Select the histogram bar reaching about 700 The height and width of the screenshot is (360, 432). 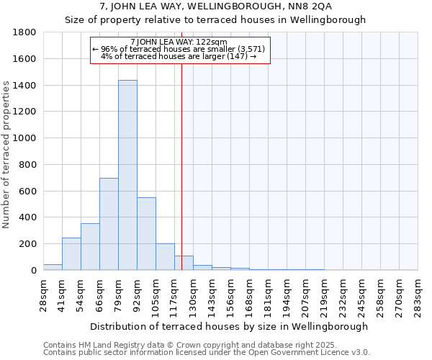click(x=109, y=224)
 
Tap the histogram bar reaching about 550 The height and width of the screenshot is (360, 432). click(x=146, y=234)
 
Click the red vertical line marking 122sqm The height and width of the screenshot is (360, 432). click(x=181, y=166)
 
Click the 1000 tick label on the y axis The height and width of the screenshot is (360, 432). click(x=25, y=138)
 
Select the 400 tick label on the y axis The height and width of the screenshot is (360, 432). click(x=28, y=217)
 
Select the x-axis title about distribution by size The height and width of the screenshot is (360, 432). click(x=229, y=326)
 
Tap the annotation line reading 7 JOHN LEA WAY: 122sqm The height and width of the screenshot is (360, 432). click(x=179, y=42)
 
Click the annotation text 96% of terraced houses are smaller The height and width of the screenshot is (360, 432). click(x=179, y=49)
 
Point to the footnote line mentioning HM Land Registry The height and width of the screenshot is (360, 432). click(x=181, y=345)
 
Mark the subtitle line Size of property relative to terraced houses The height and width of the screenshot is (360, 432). click(x=215, y=20)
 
